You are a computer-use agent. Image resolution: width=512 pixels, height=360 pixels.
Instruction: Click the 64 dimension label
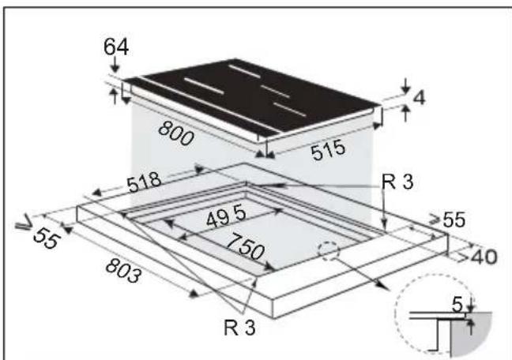pos(116,47)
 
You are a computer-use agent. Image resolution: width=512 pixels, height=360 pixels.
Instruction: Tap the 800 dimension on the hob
pos(176,133)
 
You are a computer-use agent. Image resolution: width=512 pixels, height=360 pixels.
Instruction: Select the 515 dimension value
pos(328,150)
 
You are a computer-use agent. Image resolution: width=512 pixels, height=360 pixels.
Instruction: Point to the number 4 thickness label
pos(420,97)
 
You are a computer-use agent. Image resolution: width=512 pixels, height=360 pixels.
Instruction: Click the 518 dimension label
pos(144,182)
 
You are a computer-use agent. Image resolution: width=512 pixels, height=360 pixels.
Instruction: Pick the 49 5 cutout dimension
pos(226,217)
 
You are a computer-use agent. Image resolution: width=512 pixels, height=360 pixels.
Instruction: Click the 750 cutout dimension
pos(245,246)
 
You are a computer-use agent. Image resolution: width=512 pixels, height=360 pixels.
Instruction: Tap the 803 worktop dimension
pos(124,270)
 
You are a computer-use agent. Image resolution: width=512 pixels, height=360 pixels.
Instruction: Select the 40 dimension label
pos(484,257)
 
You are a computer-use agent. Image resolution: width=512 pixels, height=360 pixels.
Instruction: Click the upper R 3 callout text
pos(397,182)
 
